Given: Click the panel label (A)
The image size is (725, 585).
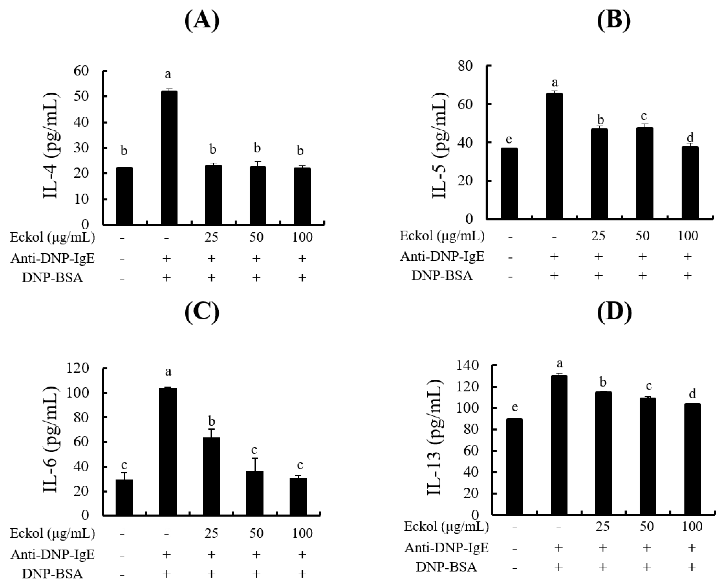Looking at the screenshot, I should pos(202,21).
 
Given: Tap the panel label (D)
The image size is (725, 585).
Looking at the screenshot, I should pos(614,312).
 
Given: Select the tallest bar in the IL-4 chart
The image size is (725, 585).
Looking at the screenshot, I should pos(169,158).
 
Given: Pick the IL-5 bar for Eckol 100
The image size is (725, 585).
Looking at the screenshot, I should pos(690,183).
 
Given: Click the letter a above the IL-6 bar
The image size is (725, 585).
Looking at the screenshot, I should pos(168,372).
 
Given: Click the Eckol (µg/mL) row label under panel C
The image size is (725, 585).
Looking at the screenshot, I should pos(53,533).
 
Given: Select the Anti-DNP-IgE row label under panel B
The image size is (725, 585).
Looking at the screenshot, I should pos(442,257).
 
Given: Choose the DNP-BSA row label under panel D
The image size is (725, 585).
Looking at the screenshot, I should pos(446,567).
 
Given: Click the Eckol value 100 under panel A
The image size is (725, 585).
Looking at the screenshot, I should pos(302,237).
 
